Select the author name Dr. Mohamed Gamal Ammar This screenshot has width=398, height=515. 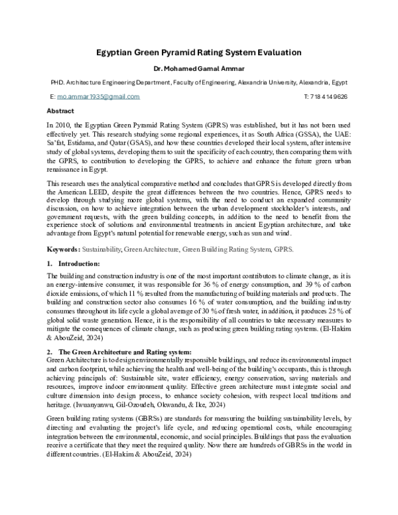click(x=199, y=68)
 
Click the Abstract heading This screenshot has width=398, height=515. click(x=61, y=111)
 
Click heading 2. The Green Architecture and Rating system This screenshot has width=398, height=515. click(x=123, y=351)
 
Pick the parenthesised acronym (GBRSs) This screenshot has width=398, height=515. click(x=141, y=418)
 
